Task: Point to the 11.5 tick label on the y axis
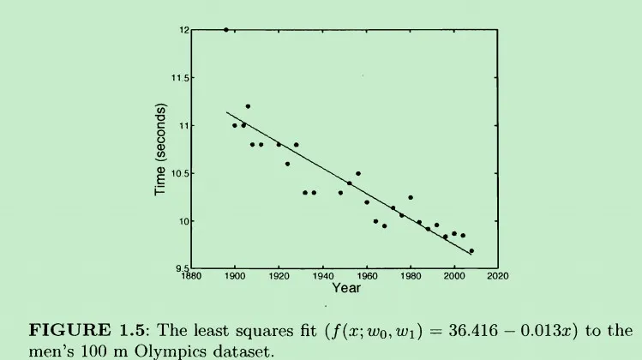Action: pyautogui.click(x=181, y=78)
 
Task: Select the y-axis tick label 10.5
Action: pyautogui.click(x=181, y=174)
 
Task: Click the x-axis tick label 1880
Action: pyautogui.click(x=191, y=277)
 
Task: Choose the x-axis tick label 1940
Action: pyautogui.click(x=323, y=277)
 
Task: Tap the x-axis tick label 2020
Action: pyautogui.click(x=498, y=277)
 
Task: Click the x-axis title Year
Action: pyautogui.click(x=346, y=289)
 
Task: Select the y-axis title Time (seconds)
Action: pyautogui.click(x=160, y=150)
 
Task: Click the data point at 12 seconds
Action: pyautogui.click(x=226, y=30)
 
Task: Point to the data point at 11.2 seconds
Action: pyautogui.click(x=248, y=106)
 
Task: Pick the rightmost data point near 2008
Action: pyautogui.click(x=471, y=251)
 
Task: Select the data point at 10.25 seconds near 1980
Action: pyautogui.click(x=411, y=197)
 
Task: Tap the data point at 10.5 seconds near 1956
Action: pyautogui.click(x=358, y=173)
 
